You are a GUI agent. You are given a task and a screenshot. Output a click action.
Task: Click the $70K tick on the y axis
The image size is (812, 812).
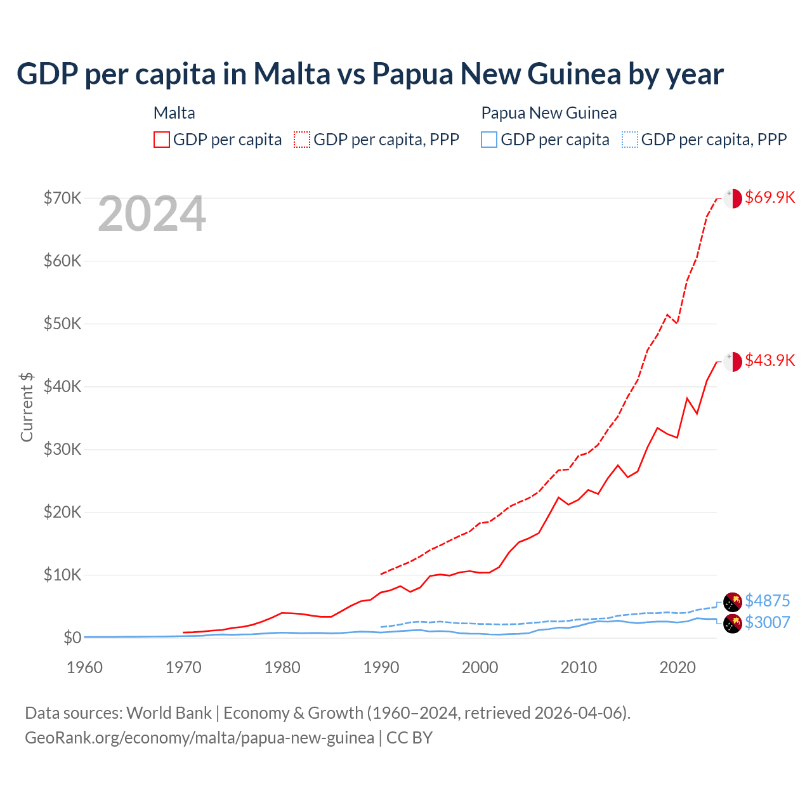[63, 198]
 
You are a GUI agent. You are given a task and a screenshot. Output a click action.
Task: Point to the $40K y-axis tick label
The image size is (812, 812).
[63, 386]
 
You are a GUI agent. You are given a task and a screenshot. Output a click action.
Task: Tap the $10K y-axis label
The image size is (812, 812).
[63, 575]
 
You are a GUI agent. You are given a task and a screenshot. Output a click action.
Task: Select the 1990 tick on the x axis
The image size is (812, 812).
[381, 667]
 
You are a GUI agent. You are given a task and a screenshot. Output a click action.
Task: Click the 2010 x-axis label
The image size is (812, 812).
[579, 667]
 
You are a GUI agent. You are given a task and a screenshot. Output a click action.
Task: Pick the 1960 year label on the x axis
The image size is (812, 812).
[84, 667]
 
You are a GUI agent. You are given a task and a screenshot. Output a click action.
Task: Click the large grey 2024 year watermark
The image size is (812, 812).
[152, 214]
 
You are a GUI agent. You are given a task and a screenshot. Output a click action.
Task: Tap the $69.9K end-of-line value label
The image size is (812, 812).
[769, 197]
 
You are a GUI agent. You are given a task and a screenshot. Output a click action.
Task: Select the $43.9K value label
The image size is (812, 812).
[769, 360]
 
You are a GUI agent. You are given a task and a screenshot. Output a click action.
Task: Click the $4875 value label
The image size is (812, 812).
[767, 601]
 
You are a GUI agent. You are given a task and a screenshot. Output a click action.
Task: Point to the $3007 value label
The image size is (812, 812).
[767, 622]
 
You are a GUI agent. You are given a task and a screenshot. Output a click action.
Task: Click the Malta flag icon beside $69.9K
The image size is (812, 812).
[733, 198]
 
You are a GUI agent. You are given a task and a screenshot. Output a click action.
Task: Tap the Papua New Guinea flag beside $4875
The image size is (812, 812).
[733, 601]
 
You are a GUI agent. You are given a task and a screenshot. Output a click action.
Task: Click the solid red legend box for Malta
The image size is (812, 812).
[162, 140]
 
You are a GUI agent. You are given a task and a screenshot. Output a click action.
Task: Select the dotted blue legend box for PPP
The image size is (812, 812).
[630, 140]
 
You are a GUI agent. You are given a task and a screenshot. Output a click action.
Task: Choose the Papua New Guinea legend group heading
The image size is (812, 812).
[549, 113]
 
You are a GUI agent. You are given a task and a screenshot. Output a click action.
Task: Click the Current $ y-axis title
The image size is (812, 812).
[27, 407]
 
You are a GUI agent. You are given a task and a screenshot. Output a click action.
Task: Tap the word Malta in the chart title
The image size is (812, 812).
[292, 74]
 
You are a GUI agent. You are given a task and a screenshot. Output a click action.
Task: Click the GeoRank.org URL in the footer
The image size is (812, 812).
[199, 738]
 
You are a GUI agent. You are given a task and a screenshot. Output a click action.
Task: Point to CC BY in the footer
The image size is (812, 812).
[409, 738]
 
